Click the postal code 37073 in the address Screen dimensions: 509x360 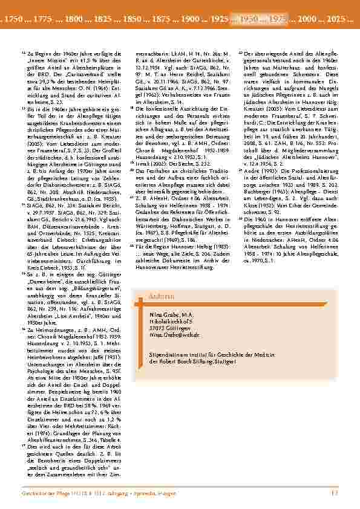pyautogui.click(x=157, y=328)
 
